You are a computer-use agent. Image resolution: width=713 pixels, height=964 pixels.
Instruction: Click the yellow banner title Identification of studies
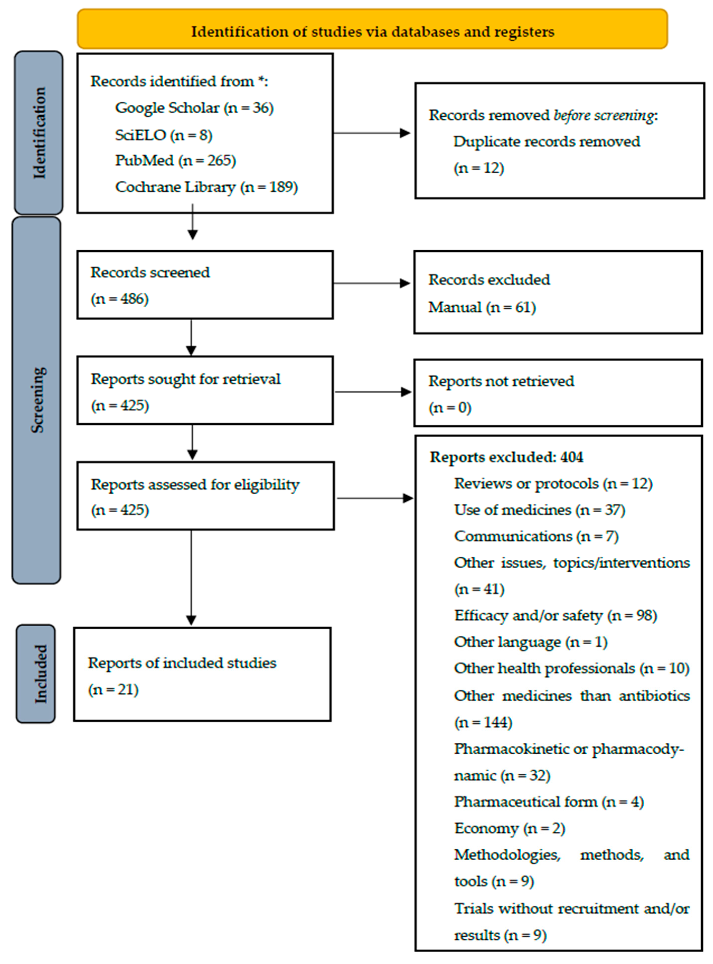372,32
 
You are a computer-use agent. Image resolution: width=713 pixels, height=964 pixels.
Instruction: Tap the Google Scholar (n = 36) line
194,107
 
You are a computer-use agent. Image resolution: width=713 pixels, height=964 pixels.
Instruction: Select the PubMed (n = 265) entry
175,161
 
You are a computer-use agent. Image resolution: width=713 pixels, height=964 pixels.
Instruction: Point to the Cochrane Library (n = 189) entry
206,187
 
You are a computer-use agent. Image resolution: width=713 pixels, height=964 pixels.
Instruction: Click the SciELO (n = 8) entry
163,135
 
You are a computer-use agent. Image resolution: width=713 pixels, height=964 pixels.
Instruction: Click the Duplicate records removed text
546,142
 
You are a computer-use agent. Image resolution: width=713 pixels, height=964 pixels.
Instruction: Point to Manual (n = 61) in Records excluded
482,307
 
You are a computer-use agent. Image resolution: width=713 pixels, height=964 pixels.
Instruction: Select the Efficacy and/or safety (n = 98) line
555,615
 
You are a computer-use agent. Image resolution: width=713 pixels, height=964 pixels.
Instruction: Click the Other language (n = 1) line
530,642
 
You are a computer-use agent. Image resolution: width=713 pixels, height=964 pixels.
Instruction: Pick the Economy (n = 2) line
509,828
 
